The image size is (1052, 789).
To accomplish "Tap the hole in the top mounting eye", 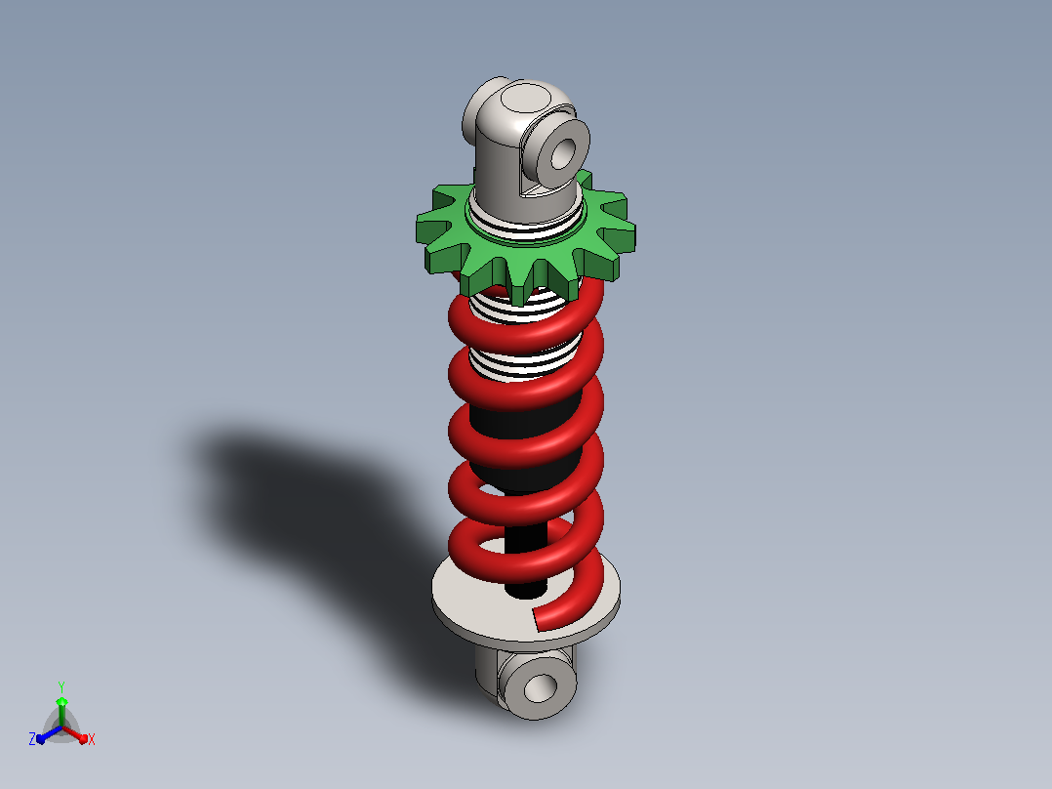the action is (x=563, y=153).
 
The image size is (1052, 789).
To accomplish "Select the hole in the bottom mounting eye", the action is (x=541, y=687).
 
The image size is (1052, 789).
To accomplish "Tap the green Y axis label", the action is (x=61, y=686).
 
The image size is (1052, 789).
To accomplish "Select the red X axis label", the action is (x=92, y=739).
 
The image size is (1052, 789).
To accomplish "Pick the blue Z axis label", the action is (x=31, y=739).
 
